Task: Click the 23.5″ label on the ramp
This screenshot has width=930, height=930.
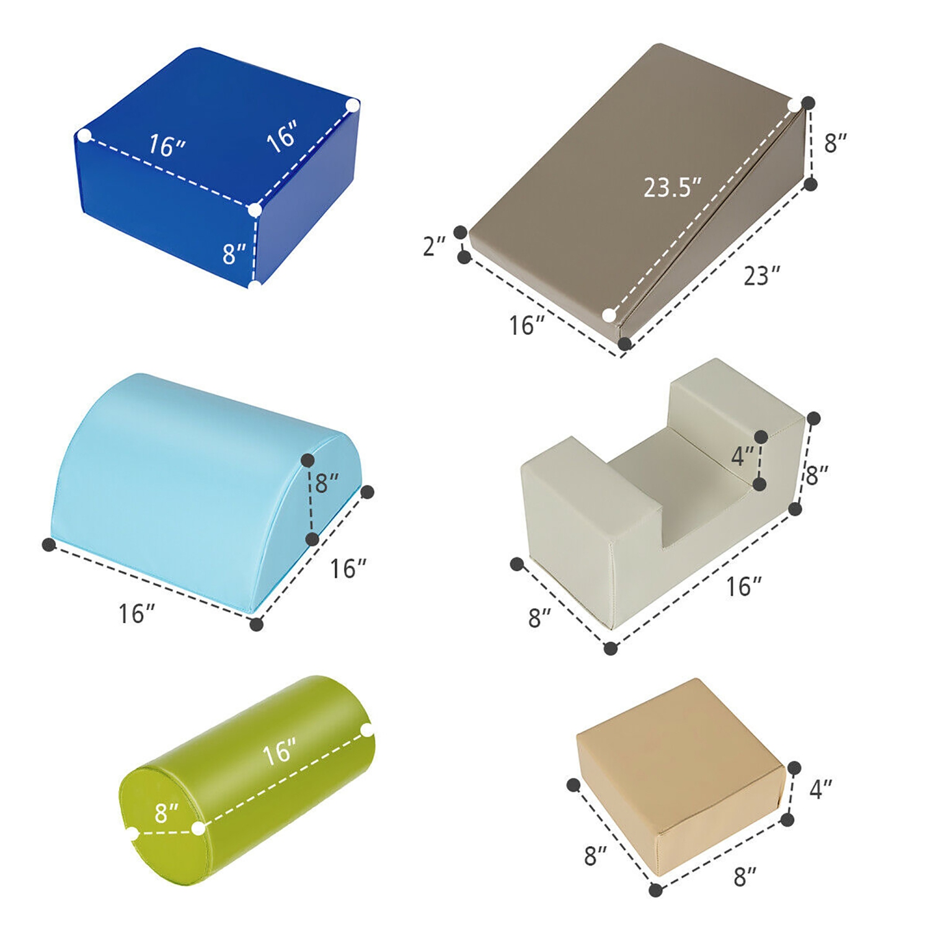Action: click(672, 187)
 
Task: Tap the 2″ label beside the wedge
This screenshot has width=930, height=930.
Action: click(434, 246)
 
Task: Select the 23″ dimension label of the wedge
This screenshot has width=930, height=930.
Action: click(761, 275)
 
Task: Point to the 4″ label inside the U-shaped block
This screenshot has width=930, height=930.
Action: click(742, 456)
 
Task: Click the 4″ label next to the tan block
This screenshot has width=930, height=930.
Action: click(821, 789)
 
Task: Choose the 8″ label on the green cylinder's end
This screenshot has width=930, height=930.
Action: click(167, 813)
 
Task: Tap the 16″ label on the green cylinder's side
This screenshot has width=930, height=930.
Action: click(279, 752)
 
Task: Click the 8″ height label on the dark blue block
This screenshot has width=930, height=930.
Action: click(234, 254)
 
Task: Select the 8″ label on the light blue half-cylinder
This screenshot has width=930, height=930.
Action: click(327, 483)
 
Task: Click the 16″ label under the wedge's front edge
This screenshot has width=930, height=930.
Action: click(526, 325)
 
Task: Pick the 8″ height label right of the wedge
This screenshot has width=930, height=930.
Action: click(835, 143)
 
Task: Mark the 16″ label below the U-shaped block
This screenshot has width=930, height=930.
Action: click(743, 587)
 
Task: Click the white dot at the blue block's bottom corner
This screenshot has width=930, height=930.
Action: click(255, 285)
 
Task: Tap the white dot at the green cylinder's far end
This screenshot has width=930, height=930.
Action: click(368, 730)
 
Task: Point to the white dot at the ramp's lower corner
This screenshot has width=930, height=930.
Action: click(609, 316)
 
